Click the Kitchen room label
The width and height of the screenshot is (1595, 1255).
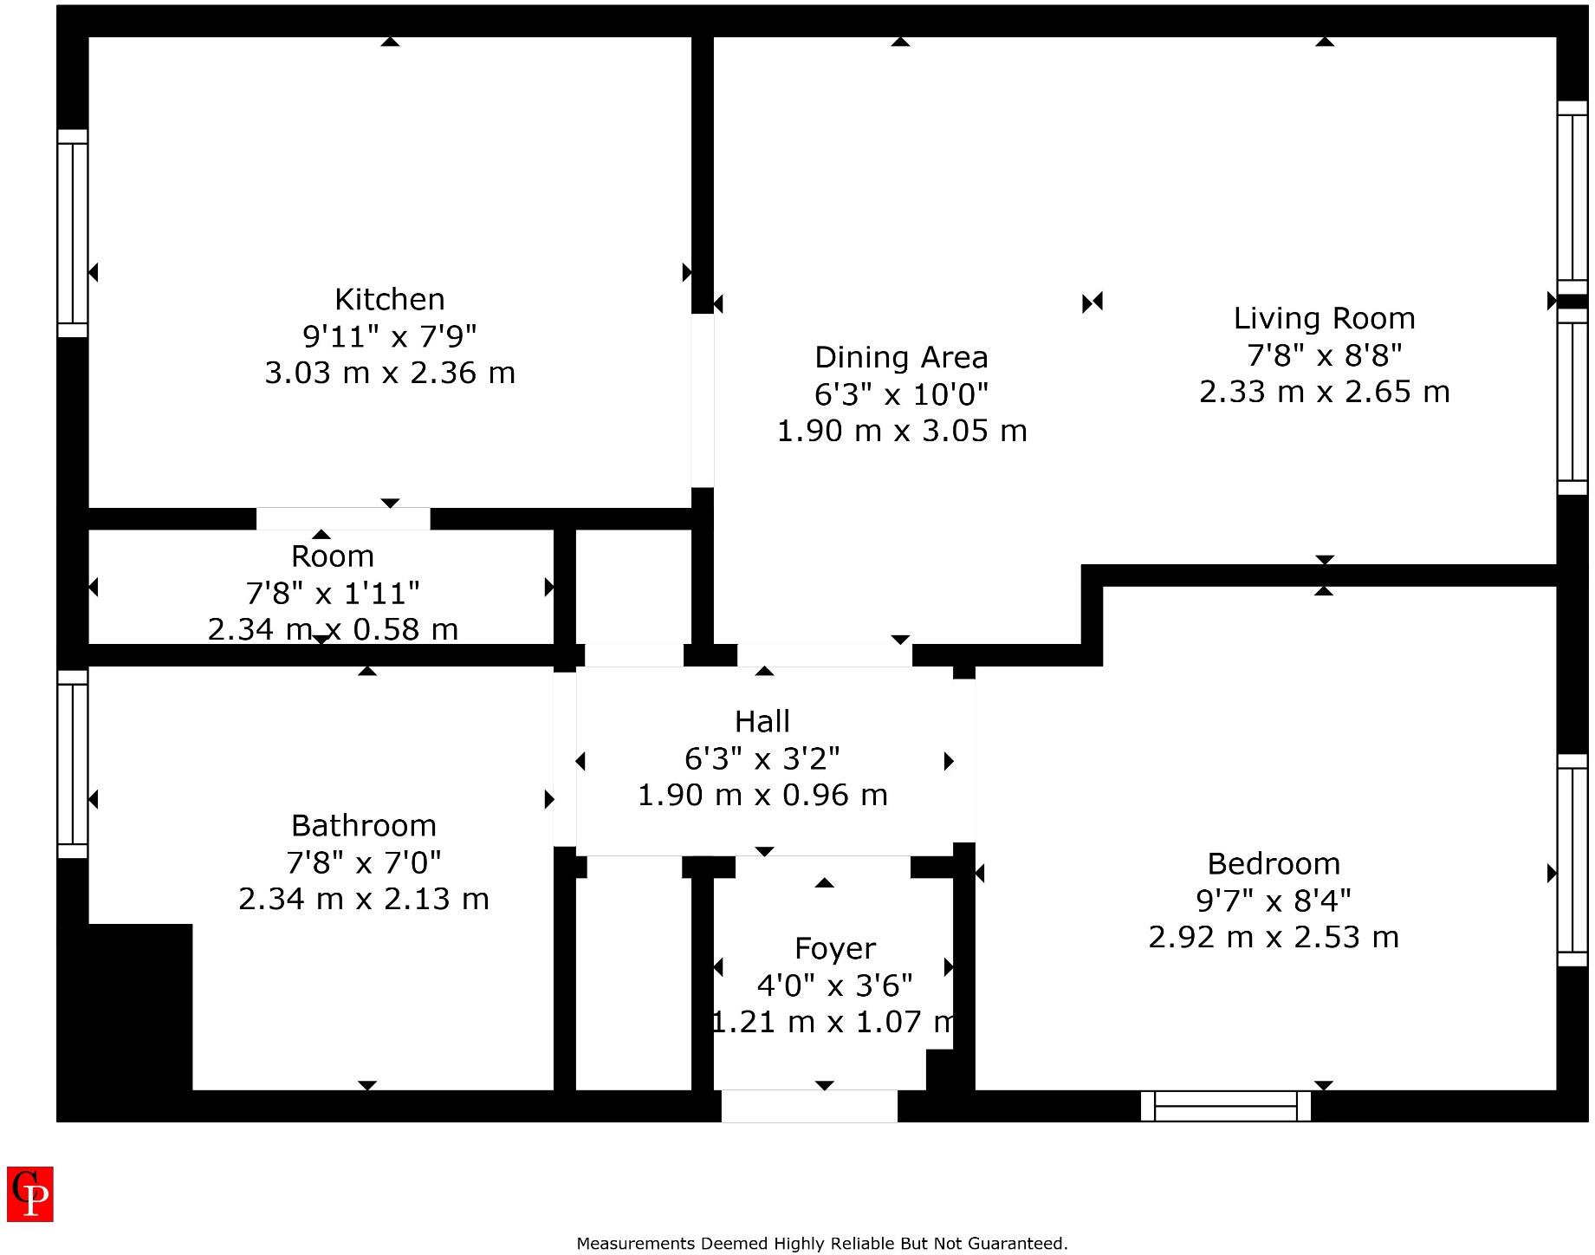389,299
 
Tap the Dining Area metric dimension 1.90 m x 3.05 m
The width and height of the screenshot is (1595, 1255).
901,431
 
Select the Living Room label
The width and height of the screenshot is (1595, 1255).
1323,318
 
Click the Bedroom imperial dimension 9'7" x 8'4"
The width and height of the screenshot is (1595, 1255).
1273,901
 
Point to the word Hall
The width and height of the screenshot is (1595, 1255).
762,721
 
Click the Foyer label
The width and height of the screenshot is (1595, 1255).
834,948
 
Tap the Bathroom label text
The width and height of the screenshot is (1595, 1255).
363,825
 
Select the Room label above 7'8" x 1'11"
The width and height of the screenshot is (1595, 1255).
332,556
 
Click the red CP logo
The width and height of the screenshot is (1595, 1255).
30,1193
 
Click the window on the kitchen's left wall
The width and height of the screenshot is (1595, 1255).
73,234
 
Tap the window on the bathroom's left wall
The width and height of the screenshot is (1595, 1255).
73,764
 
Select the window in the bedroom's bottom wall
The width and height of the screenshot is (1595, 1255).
1225,1106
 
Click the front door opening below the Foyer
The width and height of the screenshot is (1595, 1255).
808,1106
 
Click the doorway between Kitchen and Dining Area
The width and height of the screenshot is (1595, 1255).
703,400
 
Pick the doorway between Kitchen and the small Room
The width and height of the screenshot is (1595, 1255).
343,518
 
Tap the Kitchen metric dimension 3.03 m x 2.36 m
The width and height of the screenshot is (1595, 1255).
389,373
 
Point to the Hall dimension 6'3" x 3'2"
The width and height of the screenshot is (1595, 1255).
762,758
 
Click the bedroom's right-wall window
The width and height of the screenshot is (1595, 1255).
1572,860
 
